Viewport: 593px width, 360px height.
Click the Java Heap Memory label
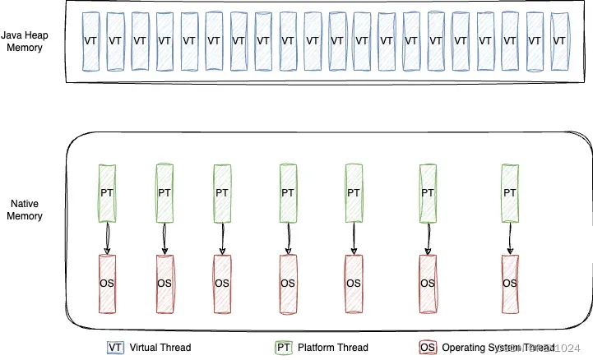[26, 41]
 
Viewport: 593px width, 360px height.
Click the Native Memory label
[26, 209]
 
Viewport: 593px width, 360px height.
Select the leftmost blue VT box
[90, 39]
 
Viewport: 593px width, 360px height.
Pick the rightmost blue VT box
[559, 39]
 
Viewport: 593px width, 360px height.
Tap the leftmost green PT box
[107, 193]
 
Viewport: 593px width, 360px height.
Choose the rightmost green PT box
[511, 193]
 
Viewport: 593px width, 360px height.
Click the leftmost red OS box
[107, 283]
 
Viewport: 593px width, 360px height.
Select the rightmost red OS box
[511, 283]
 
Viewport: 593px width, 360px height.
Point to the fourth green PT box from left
[288, 193]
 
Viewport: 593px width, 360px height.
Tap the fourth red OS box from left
[288, 283]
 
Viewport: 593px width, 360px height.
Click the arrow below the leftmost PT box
[107, 238]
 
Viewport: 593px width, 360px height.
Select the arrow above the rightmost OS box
[511, 238]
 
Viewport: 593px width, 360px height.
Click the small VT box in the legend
[114, 347]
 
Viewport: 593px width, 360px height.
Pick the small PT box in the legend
[283, 347]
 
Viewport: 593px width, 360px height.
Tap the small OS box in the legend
[427, 347]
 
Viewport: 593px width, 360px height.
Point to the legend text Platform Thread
[332, 347]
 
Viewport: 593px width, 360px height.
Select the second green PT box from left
[164, 193]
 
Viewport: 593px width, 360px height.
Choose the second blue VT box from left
[115, 39]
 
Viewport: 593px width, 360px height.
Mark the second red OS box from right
[428, 283]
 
